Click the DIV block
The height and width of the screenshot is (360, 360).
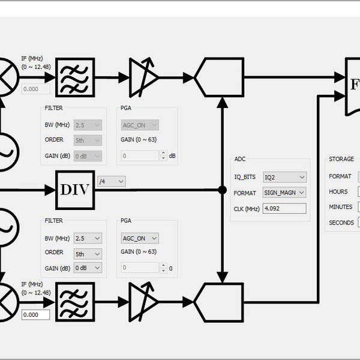coord(75,190)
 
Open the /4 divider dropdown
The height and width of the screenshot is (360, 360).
coord(112,181)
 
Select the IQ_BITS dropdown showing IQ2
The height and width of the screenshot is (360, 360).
coord(285,177)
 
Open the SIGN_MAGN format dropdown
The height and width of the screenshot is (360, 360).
coord(285,193)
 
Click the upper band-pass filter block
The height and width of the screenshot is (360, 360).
coord(75,77)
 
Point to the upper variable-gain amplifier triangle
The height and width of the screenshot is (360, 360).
coord(143,77)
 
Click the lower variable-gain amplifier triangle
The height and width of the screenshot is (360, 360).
coord(143,302)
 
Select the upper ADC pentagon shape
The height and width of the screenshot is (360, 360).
coord(219,77)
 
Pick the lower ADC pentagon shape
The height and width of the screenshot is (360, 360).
coord(219,302)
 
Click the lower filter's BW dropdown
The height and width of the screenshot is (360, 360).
coord(88,238)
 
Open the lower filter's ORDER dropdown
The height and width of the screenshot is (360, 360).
coord(88,253)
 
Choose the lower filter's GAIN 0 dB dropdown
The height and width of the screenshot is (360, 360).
coord(88,268)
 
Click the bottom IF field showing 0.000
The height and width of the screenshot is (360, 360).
coord(36,314)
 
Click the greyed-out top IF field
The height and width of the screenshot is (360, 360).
coord(36,89)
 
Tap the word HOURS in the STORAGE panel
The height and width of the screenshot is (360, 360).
coord(338,192)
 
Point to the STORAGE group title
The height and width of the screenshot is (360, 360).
coord(341,160)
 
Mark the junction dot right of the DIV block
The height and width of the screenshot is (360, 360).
coord(223,190)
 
